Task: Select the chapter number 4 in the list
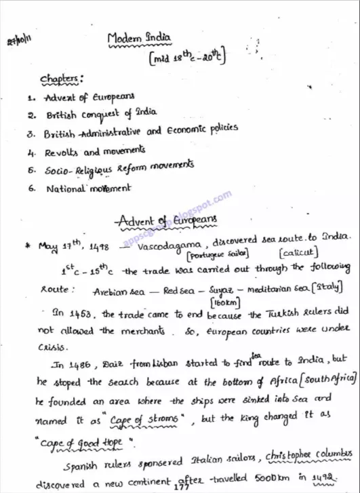click(x=32, y=152)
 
